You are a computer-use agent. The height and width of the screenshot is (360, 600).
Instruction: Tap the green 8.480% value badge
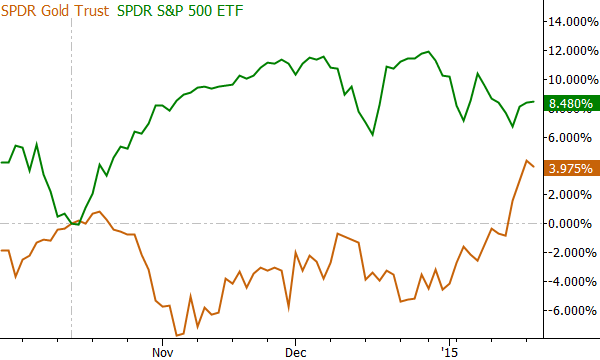pos(571,102)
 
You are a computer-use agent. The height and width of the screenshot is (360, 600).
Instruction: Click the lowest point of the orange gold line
pos(177,335)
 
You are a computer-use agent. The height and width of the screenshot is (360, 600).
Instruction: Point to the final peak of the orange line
pos(526,160)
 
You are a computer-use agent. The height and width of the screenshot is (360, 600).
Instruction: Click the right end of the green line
pos(534,102)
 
